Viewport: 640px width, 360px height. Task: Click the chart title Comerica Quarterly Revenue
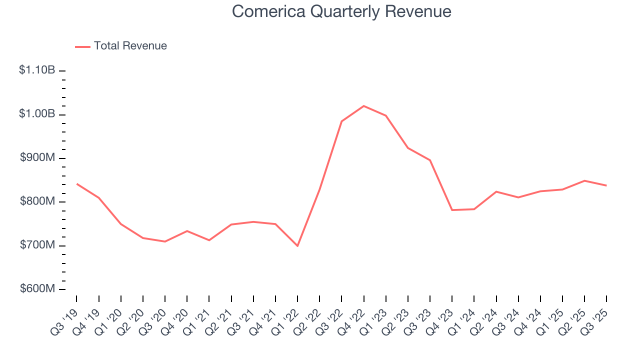click(341, 11)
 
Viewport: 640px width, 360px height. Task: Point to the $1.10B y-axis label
click(37, 70)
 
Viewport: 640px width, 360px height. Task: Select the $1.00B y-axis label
click(37, 114)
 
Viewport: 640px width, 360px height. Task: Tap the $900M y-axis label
click(37, 158)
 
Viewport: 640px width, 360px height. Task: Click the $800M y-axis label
click(37, 201)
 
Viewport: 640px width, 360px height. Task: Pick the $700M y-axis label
click(37, 245)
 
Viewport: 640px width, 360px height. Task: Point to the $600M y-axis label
click(37, 289)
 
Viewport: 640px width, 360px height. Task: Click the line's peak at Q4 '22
click(363, 106)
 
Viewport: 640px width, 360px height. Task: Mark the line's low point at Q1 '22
click(297, 246)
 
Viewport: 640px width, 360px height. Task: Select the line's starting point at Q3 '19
click(76, 184)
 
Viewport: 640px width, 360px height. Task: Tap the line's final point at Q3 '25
click(606, 185)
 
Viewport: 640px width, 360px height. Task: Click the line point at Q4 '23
click(452, 210)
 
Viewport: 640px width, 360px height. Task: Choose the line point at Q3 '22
click(341, 121)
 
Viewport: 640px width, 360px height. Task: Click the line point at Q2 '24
click(496, 191)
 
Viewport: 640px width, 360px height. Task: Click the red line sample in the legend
click(82, 46)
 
